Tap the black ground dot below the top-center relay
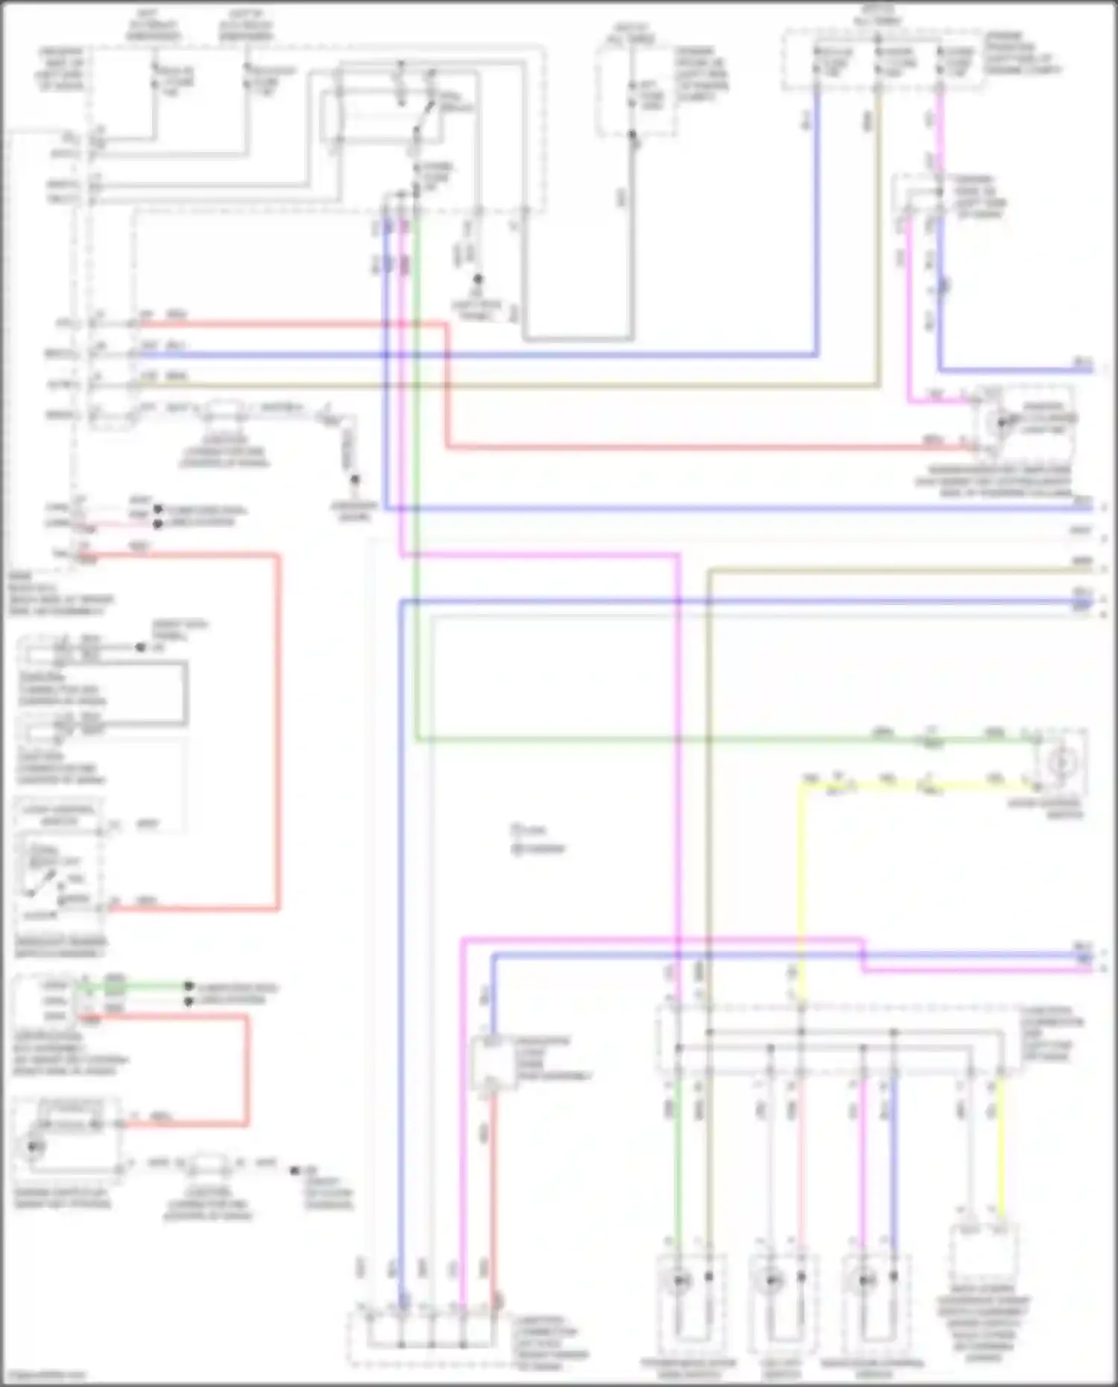[478, 279]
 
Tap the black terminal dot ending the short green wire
[189, 986]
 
